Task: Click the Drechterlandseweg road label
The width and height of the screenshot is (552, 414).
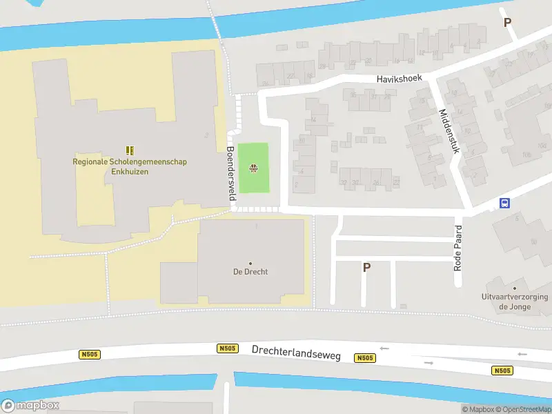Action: [296, 351]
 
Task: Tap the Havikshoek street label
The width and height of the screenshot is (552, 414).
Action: [399, 79]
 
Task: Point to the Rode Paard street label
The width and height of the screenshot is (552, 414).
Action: [457, 248]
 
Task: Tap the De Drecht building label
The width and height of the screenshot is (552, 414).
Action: [250, 272]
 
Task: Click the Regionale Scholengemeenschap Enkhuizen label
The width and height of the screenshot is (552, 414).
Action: [130, 166]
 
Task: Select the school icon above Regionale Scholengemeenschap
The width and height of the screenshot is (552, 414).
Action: [130, 150]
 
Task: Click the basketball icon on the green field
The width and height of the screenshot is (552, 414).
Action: [253, 168]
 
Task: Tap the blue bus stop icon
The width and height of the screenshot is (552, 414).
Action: [505, 203]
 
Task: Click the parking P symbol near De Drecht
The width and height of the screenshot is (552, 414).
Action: [366, 268]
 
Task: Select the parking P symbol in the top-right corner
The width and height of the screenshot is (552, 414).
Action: [508, 22]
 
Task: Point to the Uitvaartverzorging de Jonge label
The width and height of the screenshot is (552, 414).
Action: [514, 302]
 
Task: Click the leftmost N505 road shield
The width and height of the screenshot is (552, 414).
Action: [89, 355]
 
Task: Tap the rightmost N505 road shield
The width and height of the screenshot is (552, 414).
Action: [502, 371]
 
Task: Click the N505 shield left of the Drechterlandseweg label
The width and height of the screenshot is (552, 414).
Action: [226, 349]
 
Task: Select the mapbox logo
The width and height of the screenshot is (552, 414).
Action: [30, 406]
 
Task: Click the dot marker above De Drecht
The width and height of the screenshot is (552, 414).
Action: [250, 263]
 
